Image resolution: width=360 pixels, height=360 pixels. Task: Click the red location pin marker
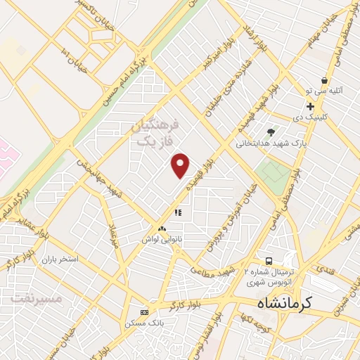(181, 165)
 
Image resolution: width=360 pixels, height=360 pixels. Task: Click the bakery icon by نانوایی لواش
(163, 229)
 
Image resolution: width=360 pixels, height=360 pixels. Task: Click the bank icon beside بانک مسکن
(145, 311)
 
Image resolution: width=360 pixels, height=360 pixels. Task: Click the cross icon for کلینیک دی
(310, 106)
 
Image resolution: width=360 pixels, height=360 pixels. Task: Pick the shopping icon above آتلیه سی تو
(324, 81)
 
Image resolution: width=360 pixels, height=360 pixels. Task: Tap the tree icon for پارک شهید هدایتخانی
(271, 131)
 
